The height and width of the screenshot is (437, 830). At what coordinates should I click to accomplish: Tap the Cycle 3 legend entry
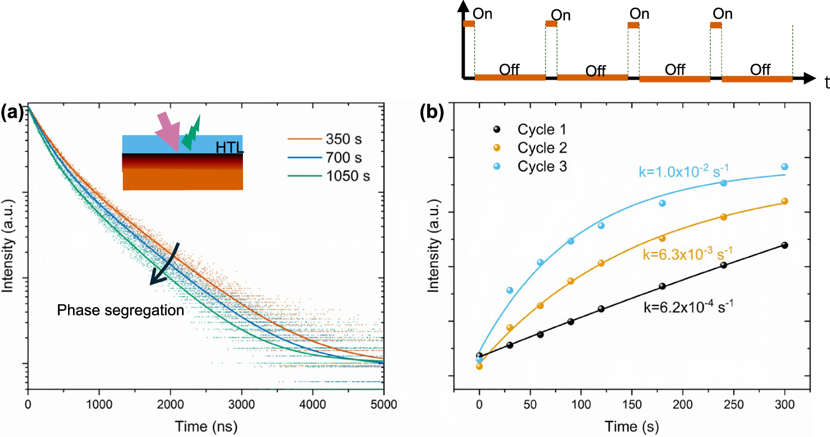542,166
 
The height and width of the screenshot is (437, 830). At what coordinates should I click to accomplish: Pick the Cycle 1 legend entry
542,129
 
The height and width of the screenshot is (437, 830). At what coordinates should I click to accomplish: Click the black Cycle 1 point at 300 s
784,245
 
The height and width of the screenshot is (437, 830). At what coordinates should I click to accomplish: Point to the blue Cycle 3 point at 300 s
784,167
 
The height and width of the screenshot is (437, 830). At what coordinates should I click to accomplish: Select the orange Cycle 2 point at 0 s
479,366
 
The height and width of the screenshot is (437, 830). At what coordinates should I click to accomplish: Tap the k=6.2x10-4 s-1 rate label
688,306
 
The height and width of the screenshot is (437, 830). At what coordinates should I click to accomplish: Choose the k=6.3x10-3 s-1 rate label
688,254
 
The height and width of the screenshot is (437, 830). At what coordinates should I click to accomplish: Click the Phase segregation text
121,311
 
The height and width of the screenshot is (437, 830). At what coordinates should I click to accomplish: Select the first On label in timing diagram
484,13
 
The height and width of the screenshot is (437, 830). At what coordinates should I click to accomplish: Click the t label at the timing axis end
826,84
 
